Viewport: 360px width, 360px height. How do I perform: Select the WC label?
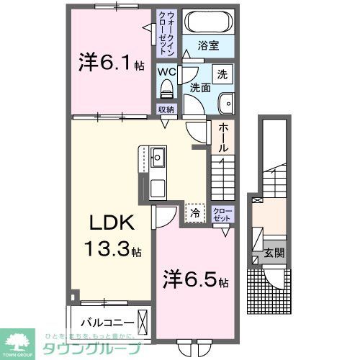point(166,73)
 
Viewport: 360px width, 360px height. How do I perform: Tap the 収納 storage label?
point(166,110)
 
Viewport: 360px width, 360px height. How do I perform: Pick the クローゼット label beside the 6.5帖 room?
point(222,214)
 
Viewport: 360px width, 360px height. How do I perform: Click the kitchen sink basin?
point(158,156)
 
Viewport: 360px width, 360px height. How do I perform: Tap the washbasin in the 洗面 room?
point(225,101)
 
